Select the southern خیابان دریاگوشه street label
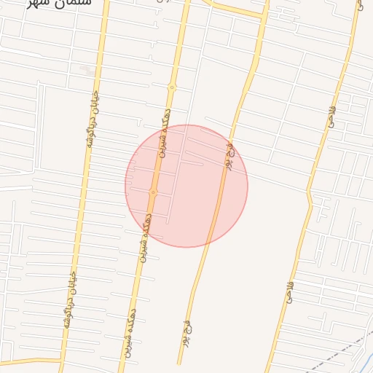point(71,300)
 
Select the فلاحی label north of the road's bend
point(331,117)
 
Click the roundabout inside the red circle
point(153,192)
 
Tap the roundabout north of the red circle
point(173,87)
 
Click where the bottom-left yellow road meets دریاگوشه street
point(62,359)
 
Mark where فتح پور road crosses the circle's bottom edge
point(209,243)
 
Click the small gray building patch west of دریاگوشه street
point(87,71)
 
